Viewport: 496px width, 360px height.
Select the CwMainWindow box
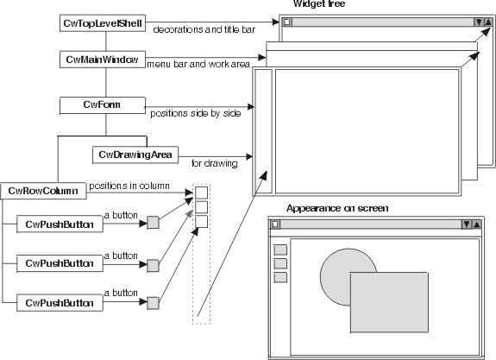(104, 60)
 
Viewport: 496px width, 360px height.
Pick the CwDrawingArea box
(134, 155)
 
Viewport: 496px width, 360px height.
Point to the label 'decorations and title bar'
(204, 30)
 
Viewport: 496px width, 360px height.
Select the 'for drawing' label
(208, 161)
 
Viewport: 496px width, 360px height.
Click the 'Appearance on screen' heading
(337, 208)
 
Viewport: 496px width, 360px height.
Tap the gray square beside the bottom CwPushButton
(153, 302)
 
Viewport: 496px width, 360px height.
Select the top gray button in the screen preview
(279, 250)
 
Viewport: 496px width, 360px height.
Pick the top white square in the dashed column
(201, 193)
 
